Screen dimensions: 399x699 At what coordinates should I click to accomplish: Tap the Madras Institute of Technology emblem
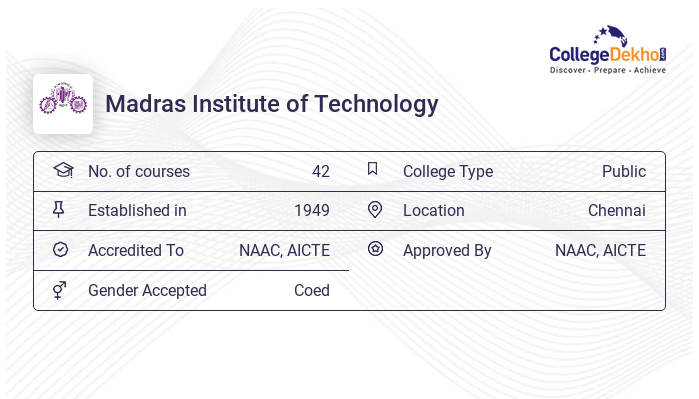pyautogui.click(x=63, y=103)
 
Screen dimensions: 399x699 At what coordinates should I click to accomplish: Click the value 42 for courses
pyautogui.click(x=320, y=172)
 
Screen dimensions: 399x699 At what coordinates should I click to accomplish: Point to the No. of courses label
pyautogui.click(x=138, y=172)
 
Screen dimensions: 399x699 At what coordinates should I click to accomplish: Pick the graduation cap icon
pyautogui.click(x=62, y=170)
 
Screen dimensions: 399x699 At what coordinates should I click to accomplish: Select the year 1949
pyautogui.click(x=311, y=211)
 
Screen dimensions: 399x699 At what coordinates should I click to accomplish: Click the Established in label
pyautogui.click(x=137, y=211)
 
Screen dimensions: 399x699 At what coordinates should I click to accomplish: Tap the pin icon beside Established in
pyautogui.click(x=59, y=209)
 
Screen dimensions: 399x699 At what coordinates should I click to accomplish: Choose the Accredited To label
pyautogui.click(x=136, y=251)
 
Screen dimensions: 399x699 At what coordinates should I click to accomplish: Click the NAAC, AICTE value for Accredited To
pyautogui.click(x=284, y=251)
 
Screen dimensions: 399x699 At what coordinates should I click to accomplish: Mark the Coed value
pyautogui.click(x=311, y=291)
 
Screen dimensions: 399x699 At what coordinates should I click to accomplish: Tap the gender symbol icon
pyautogui.click(x=60, y=290)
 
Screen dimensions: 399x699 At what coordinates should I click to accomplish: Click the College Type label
pyautogui.click(x=448, y=172)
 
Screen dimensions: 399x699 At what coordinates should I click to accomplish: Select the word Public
pyautogui.click(x=623, y=172)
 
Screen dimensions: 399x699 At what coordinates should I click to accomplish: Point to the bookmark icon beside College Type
pyautogui.click(x=373, y=169)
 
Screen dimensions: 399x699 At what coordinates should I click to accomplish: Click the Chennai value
pyautogui.click(x=616, y=211)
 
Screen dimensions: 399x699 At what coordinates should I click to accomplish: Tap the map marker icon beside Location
pyautogui.click(x=374, y=209)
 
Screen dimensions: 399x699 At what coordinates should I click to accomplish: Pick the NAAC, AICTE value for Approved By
pyautogui.click(x=600, y=251)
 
